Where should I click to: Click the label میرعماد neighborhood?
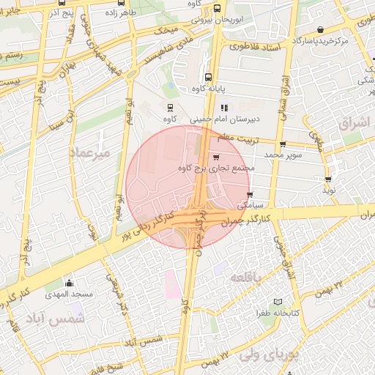[90, 153]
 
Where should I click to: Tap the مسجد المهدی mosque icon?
[70, 283]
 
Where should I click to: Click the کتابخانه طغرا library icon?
[277, 302]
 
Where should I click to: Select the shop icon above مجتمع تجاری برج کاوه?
[215, 157]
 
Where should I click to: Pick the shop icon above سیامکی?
[250, 195]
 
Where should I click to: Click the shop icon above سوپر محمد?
[283, 144]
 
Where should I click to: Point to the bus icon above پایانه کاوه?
[209, 76]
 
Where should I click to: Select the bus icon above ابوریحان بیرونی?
[217, 9]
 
